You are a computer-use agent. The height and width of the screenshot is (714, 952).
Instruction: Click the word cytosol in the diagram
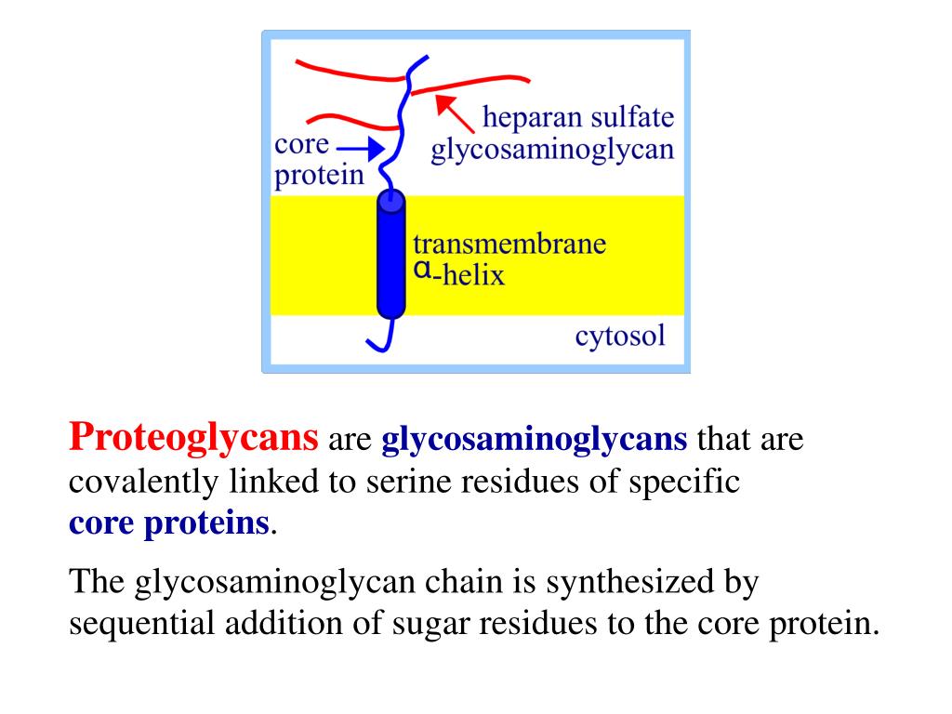click(620, 335)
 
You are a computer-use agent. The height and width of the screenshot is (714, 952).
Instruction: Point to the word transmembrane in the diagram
click(509, 245)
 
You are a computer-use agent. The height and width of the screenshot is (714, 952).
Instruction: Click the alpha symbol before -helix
click(421, 270)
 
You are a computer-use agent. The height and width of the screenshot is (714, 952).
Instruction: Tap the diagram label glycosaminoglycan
click(551, 150)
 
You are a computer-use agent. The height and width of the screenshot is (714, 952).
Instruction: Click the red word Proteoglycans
click(194, 436)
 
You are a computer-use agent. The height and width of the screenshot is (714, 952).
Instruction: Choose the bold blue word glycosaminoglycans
click(535, 438)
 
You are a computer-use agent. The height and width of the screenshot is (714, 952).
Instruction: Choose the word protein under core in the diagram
click(319, 175)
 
